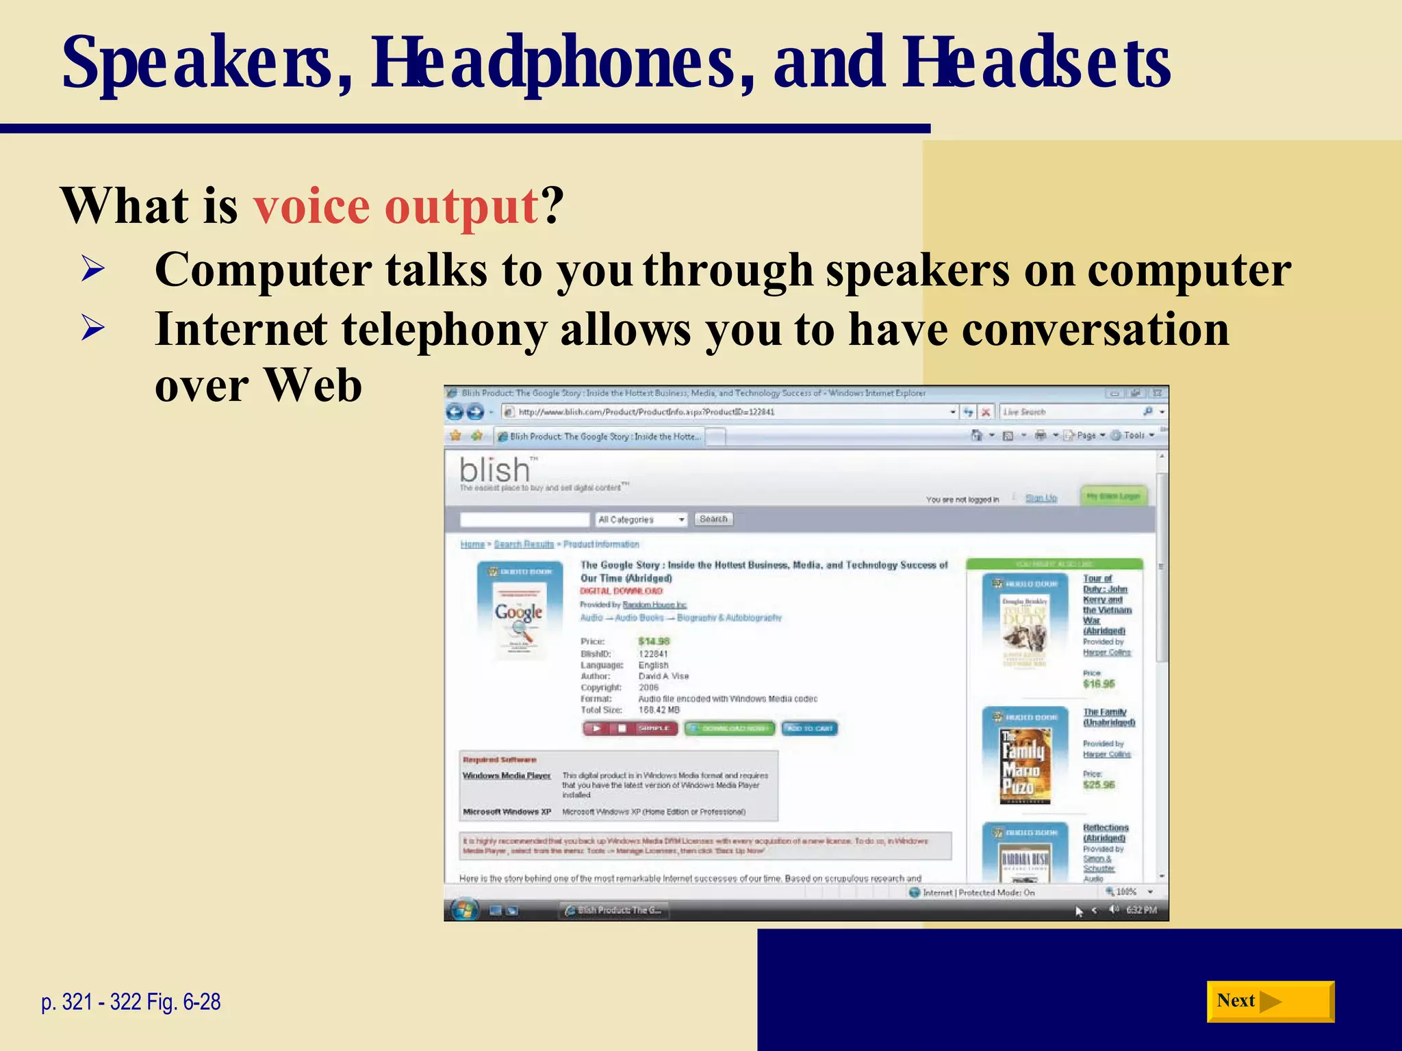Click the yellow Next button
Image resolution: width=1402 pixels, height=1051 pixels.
click(1269, 1001)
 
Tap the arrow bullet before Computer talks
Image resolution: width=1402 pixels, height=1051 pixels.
click(92, 268)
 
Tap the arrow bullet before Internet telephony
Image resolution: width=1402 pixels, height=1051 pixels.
click(92, 328)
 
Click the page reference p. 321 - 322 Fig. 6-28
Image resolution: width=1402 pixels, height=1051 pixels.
click(131, 1002)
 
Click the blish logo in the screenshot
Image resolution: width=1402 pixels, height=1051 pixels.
click(495, 470)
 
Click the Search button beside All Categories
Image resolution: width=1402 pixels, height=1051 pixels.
click(713, 519)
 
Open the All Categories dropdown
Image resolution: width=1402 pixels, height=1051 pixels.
click(641, 520)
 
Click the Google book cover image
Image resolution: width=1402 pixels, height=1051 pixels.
click(520, 612)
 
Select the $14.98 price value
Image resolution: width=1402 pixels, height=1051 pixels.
click(653, 641)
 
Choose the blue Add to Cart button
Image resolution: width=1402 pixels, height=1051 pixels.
click(810, 728)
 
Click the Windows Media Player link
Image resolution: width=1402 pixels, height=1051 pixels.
click(506, 775)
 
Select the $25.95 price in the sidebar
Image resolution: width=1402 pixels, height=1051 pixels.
click(1099, 785)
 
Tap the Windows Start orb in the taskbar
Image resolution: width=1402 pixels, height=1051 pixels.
click(464, 910)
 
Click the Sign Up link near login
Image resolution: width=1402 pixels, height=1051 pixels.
click(1041, 498)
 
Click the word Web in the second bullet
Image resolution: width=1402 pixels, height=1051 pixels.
click(313, 385)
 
